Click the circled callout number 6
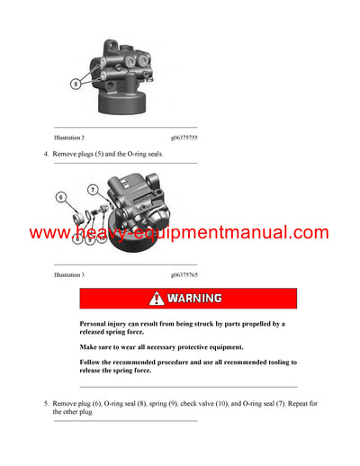click(61, 195)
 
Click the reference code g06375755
click(184, 138)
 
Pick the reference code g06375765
click(184, 272)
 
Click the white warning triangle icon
click(157, 298)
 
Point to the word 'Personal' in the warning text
click(94, 324)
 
